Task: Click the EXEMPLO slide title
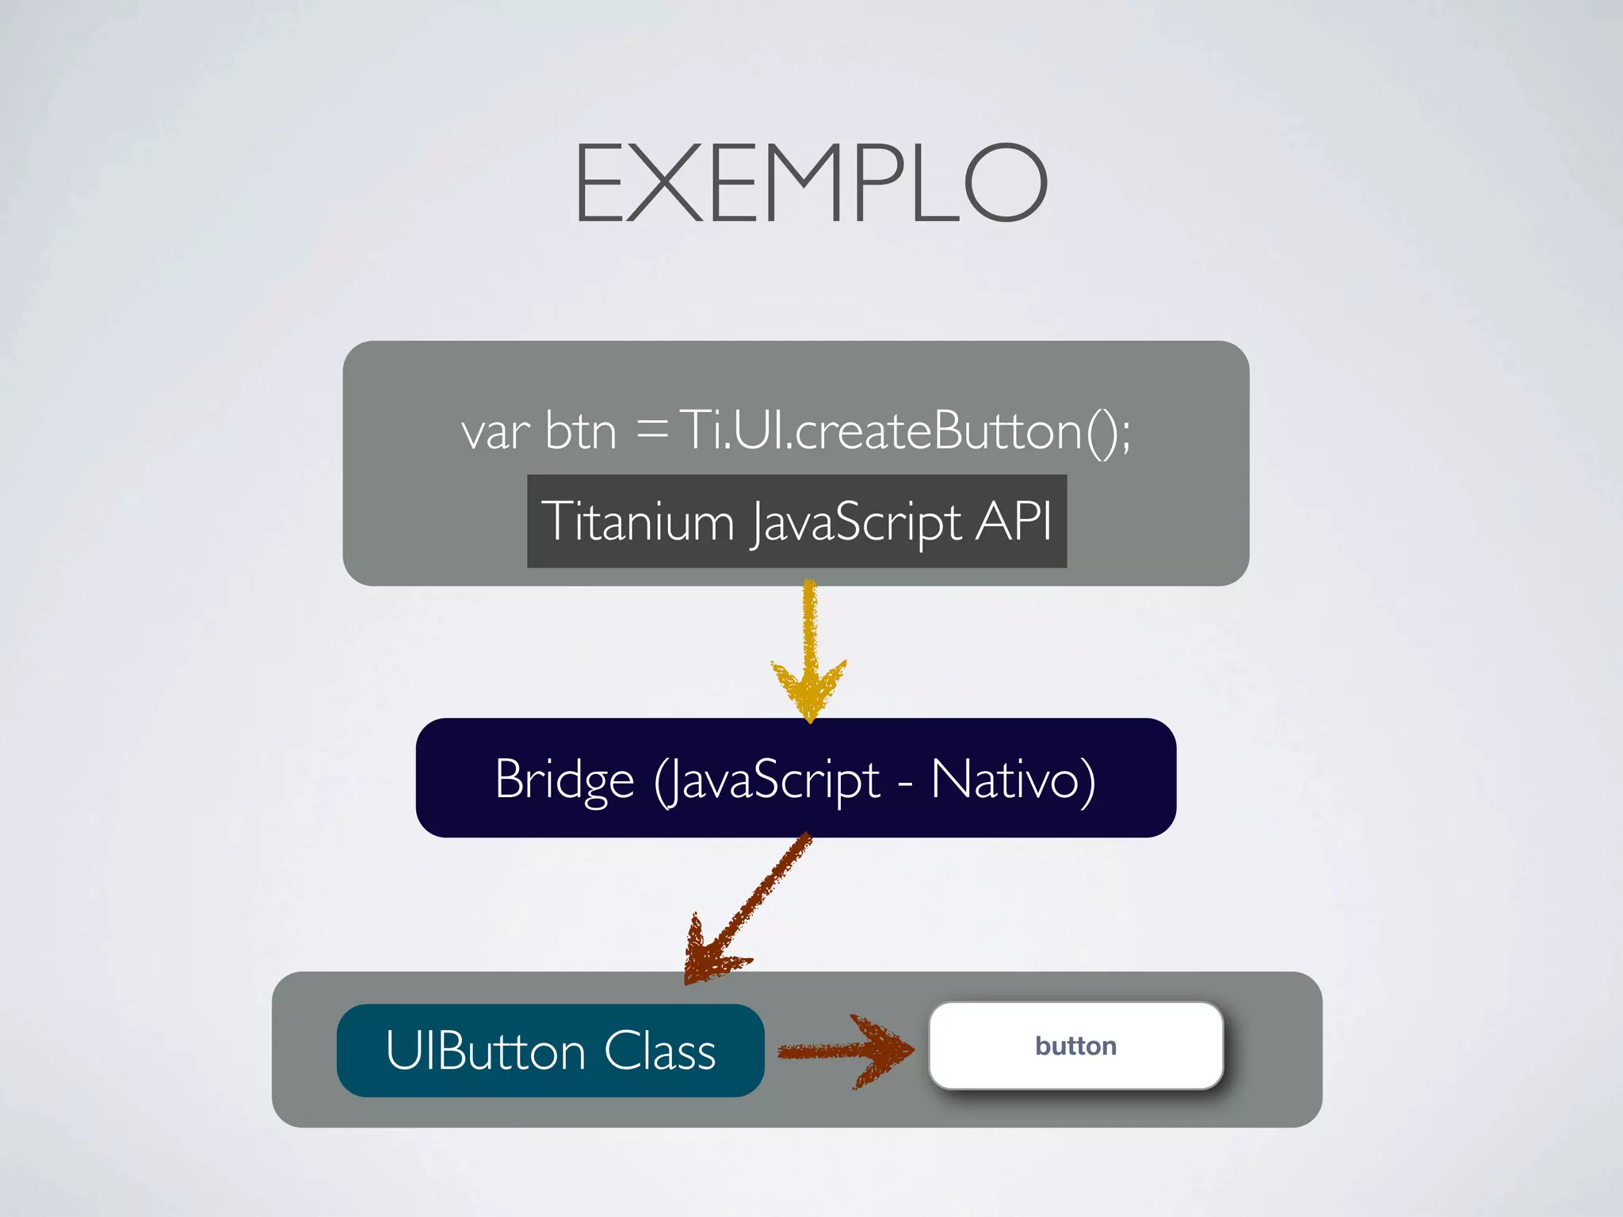click(811, 183)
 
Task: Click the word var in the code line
click(495, 433)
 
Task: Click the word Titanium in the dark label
click(638, 521)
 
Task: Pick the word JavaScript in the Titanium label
click(856, 523)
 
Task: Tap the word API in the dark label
click(1013, 521)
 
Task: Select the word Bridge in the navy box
click(564, 780)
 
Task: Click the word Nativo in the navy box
click(1012, 780)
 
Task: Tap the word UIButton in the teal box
click(485, 1051)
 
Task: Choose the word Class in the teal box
click(659, 1051)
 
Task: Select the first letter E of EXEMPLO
click(600, 183)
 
